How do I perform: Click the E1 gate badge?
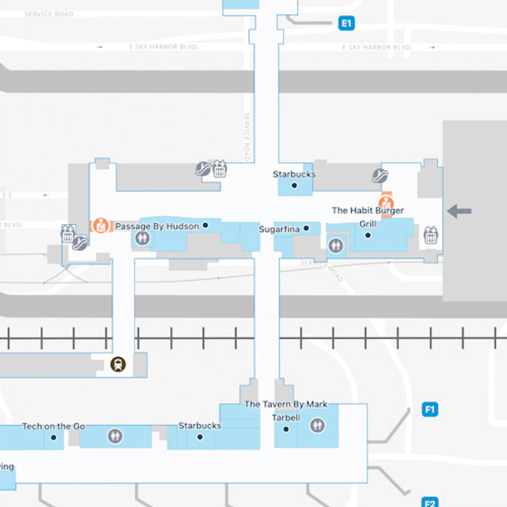click(x=346, y=23)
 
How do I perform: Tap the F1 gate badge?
click(x=430, y=409)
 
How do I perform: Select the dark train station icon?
click(x=118, y=364)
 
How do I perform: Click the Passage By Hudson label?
click(x=157, y=226)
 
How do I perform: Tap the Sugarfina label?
click(x=279, y=229)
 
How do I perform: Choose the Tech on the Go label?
click(x=53, y=426)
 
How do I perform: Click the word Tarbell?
click(x=286, y=418)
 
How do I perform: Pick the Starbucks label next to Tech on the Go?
click(x=200, y=426)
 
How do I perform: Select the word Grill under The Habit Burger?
click(x=368, y=224)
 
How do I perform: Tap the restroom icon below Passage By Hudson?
click(x=142, y=238)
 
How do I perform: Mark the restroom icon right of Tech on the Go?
click(x=115, y=436)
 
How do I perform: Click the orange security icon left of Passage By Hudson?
click(x=101, y=226)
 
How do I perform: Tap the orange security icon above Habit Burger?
click(x=386, y=204)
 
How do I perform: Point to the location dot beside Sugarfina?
click(x=306, y=228)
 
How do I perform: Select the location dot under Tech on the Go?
click(x=53, y=437)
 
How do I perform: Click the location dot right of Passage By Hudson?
click(x=205, y=225)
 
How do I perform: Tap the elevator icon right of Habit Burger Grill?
click(x=431, y=235)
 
